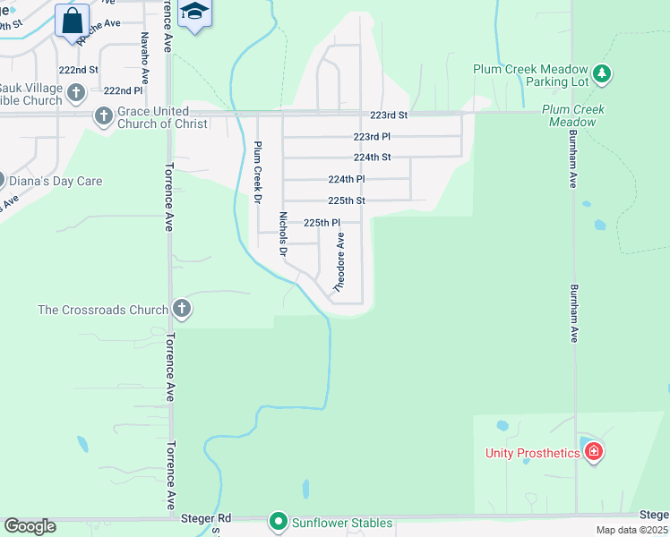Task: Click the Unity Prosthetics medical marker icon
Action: [x=593, y=452]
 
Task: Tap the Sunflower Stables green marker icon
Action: [x=279, y=521]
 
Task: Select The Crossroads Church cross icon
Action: [x=182, y=310]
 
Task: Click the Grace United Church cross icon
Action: [x=103, y=115]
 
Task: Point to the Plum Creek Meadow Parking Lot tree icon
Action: [x=603, y=73]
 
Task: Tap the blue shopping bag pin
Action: [x=72, y=21]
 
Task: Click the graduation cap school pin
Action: [x=194, y=13]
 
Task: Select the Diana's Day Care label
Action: [x=56, y=181]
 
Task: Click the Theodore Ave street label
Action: [x=339, y=263]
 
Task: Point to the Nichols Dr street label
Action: [x=283, y=234]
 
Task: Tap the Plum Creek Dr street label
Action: [x=257, y=172]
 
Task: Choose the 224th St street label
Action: [x=372, y=157]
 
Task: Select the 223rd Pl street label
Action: [x=372, y=137]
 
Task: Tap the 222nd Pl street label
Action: [x=123, y=90]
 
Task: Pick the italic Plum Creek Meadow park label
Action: [x=573, y=115]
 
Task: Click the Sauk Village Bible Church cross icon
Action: [x=75, y=92]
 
